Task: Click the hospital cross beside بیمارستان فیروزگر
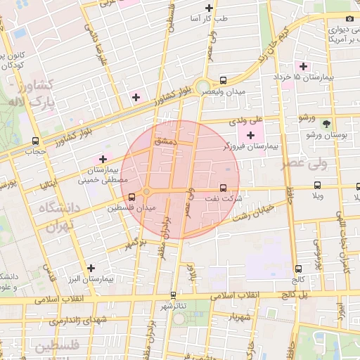pos(250,134)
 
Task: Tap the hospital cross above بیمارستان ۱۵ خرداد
pos(303,65)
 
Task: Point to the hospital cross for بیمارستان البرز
pos(91,268)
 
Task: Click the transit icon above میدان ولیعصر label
pos(223,80)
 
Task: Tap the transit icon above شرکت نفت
pos(224,188)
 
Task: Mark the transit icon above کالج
pos(298,269)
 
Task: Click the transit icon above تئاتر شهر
pos(174,295)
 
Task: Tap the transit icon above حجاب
pos(35,141)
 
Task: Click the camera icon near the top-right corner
pos(349,18)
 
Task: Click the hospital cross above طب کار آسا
pos(208,8)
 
